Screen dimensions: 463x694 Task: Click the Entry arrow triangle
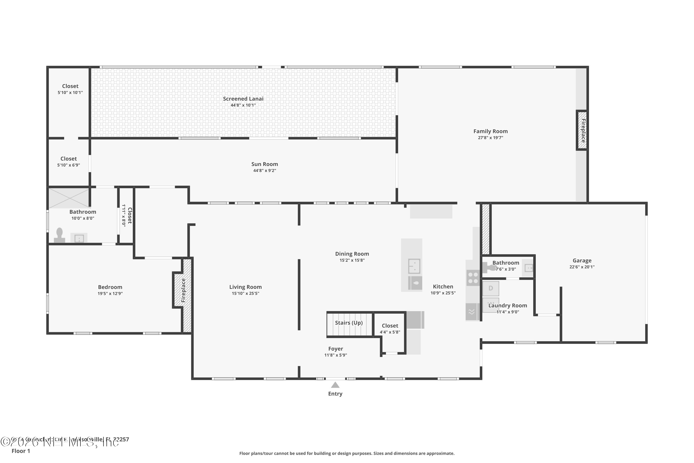click(335, 385)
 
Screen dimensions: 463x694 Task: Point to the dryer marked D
click(491, 288)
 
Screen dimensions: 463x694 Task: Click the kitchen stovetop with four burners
click(473, 278)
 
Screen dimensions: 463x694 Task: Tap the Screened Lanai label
click(243, 99)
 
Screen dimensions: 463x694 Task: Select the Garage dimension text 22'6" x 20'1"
click(582, 267)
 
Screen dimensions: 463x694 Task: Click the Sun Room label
click(264, 164)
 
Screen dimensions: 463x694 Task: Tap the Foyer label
click(335, 349)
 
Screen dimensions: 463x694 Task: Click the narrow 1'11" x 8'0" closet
click(126, 216)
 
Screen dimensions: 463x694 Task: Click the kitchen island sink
click(414, 266)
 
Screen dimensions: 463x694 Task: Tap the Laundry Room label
click(507, 305)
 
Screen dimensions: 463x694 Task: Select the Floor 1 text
click(21, 451)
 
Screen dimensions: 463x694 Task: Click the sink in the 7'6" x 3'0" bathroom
click(528, 268)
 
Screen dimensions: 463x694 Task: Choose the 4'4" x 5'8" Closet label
click(390, 326)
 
